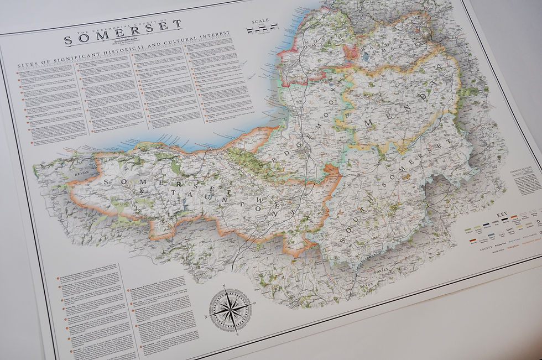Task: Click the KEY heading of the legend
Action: [502, 215]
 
